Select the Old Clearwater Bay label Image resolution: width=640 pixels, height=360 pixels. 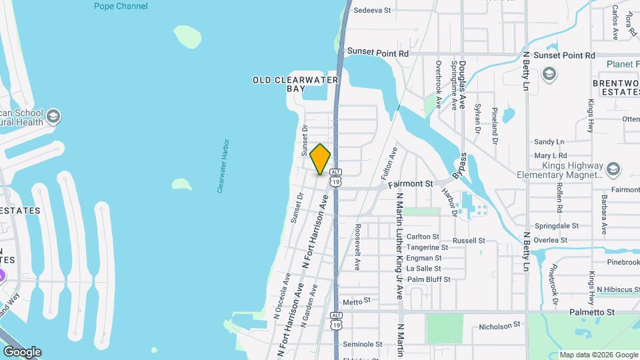click(x=295, y=84)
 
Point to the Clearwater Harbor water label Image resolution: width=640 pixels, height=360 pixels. click(x=223, y=166)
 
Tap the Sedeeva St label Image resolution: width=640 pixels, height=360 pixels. click(x=372, y=11)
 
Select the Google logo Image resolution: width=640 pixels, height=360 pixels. click(x=22, y=351)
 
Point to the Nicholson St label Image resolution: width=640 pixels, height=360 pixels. click(x=499, y=326)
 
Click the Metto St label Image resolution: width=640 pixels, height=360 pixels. click(x=356, y=301)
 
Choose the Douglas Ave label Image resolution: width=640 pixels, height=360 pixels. click(x=462, y=85)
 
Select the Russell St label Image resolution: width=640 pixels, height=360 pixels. click(x=469, y=241)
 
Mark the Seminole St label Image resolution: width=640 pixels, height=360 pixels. click(x=362, y=344)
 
